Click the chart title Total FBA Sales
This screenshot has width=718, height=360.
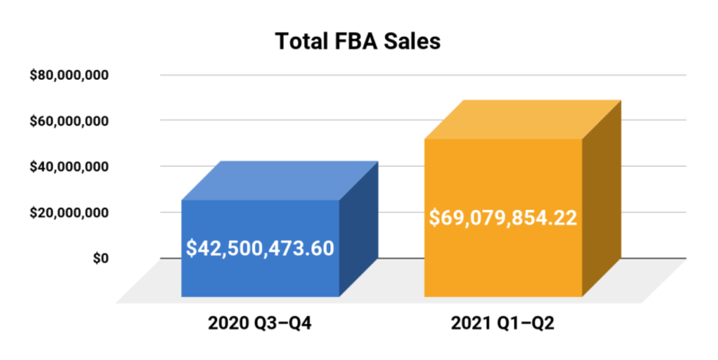358,42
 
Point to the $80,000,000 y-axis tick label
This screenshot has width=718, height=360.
70,75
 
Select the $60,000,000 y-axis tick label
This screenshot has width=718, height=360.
70,120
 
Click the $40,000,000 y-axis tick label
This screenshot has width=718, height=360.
70,166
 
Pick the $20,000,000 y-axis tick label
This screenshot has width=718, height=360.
70,213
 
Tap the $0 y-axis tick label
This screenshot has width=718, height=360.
99,259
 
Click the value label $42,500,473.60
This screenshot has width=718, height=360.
260,248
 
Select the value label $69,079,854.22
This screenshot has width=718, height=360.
503,218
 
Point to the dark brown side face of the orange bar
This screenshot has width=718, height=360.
601,202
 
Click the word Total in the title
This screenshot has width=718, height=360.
301,42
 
